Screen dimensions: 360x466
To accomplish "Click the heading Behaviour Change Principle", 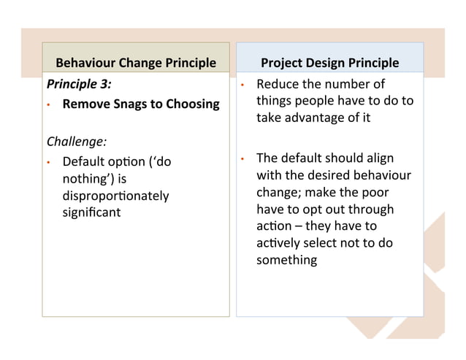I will tap(136, 63).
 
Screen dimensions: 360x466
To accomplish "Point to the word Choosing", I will tap(193, 104).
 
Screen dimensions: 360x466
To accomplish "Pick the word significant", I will tap(91, 212).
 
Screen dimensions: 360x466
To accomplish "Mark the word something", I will tap(286, 260).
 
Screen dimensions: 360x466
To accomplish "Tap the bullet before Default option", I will tap(47, 161).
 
